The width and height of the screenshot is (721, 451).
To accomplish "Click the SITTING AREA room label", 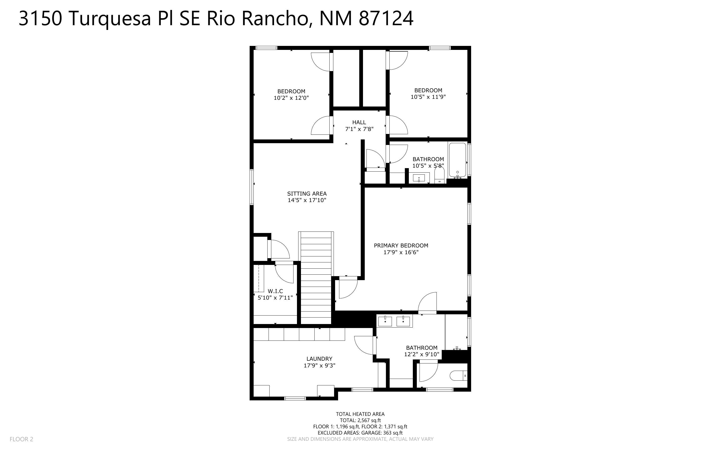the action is [x=307, y=194].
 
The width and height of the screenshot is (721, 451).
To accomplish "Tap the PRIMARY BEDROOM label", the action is [x=401, y=245].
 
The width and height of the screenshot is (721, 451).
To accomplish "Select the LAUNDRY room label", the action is [x=319, y=359].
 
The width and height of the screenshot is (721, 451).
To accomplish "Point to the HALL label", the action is [x=359, y=122].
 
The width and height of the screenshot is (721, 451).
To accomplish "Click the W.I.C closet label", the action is [x=275, y=291].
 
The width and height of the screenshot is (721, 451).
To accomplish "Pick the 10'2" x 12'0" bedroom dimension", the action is [x=291, y=98].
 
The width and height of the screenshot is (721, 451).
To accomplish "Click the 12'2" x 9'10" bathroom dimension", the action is [x=422, y=354].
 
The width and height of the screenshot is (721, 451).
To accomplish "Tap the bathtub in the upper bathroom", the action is [x=457, y=160].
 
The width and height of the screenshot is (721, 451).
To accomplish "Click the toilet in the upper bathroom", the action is [x=439, y=175].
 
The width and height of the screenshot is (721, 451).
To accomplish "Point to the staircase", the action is [x=316, y=278].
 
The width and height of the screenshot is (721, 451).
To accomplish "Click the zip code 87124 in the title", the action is [x=386, y=18].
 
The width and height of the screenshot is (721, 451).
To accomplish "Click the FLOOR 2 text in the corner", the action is [x=21, y=439].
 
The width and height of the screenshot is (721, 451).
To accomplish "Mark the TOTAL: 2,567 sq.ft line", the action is [x=360, y=420].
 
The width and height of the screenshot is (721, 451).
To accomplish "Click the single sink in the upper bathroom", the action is [x=419, y=178].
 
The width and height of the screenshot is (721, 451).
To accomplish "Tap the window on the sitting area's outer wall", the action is [x=252, y=187].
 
